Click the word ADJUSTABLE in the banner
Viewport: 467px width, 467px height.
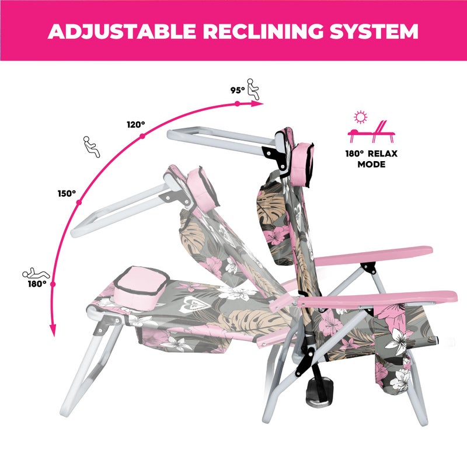pos(121,31)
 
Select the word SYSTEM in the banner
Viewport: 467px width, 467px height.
pos(374,31)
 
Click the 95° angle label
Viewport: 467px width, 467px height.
pos(238,90)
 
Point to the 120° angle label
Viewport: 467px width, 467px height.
pos(136,124)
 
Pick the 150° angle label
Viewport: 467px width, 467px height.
pos(67,194)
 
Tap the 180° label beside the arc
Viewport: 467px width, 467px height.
pos(37,284)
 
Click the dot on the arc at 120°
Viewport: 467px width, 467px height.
pos(142,136)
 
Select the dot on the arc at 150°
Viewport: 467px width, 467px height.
pos(79,203)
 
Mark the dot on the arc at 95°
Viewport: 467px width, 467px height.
pos(237,104)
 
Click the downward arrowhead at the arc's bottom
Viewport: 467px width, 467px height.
pos(53,330)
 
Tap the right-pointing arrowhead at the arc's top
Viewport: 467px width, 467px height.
pos(257,104)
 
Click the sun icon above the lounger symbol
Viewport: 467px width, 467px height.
pos(360,117)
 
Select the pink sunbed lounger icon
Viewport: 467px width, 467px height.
pos(371,132)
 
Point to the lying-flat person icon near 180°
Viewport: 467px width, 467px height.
pos(36,273)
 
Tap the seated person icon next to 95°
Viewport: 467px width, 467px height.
pos(253,89)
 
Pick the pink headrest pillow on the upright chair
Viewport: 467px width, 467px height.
pos(303,164)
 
